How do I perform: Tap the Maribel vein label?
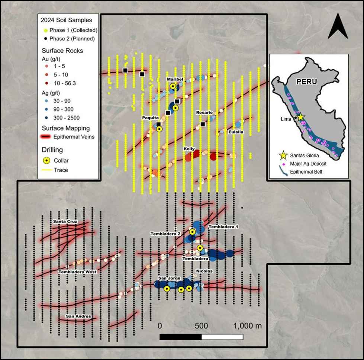[174, 79]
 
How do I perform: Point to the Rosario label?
[204, 112]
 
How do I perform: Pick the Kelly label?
[189, 149]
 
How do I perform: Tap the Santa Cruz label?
[65, 222]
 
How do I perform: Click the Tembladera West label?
[77, 272]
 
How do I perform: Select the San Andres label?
[78, 316]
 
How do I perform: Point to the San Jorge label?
[169, 278]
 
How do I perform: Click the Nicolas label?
[204, 271]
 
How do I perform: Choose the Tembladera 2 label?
[165, 234]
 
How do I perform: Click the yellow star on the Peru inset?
[300, 117]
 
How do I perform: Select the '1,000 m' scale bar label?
[248, 326]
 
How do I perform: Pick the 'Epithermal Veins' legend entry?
[74, 136]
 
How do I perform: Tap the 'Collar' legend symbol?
[47, 161]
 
